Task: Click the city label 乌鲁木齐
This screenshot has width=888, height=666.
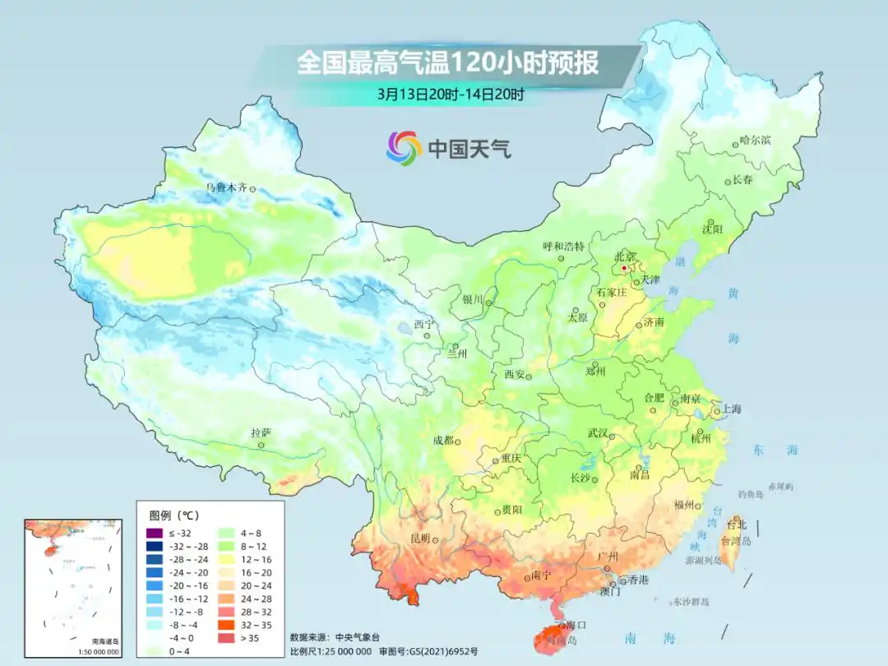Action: pyautogui.click(x=226, y=188)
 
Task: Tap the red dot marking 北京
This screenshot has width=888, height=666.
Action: pyautogui.click(x=624, y=268)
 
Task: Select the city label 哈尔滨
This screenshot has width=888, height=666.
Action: pyautogui.click(x=755, y=141)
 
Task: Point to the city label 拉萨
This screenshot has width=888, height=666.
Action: pyautogui.click(x=261, y=432)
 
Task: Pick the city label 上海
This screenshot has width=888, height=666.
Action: pyautogui.click(x=731, y=409)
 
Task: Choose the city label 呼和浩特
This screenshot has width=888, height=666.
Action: pyautogui.click(x=563, y=246)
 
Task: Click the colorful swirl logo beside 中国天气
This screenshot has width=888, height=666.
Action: pyautogui.click(x=404, y=148)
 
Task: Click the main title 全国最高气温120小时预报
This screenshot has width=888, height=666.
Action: pyautogui.click(x=447, y=62)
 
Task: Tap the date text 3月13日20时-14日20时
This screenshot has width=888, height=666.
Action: pyautogui.click(x=451, y=94)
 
